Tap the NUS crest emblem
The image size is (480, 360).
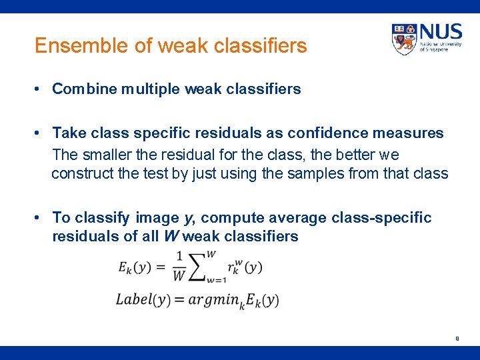(x=404, y=39)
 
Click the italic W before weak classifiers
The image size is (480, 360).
(x=169, y=237)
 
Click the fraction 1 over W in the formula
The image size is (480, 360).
(x=178, y=267)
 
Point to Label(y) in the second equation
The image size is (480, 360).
(x=141, y=299)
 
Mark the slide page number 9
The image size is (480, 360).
(x=457, y=338)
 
